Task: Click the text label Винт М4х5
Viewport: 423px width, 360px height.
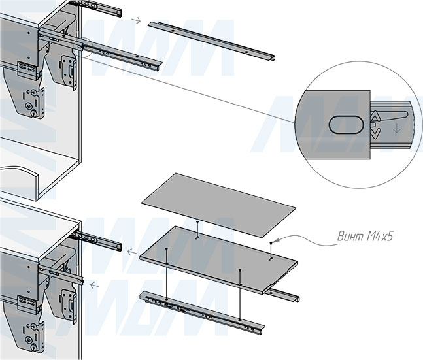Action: (365, 237)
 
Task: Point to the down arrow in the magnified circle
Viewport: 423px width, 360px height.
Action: (396, 129)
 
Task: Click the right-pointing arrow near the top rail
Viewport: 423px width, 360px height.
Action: (136, 20)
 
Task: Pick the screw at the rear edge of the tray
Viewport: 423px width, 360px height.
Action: (197, 229)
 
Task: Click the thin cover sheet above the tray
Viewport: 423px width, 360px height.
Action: (218, 205)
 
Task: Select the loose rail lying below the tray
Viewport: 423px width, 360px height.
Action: (202, 313)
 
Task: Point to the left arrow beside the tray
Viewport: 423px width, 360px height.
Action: (131, 253)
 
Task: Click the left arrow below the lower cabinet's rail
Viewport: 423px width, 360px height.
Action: (94, 285)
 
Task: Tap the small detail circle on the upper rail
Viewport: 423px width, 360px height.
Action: (82, 47)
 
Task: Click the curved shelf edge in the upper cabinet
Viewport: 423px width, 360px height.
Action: (19, 172)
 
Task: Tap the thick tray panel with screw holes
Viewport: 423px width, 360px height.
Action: (218, 259)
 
